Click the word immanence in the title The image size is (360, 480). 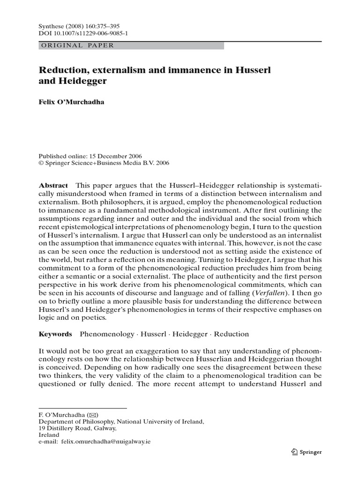click(x=176, y=70)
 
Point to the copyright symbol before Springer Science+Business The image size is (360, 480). click(x=41, y=164)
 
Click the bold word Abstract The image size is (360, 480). click(x=53, y=186)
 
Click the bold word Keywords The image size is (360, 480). click(x=55, y=334)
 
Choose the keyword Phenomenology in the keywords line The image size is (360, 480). click(x=106, y=334)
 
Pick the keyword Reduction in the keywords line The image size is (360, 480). click(x=231, y=334)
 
